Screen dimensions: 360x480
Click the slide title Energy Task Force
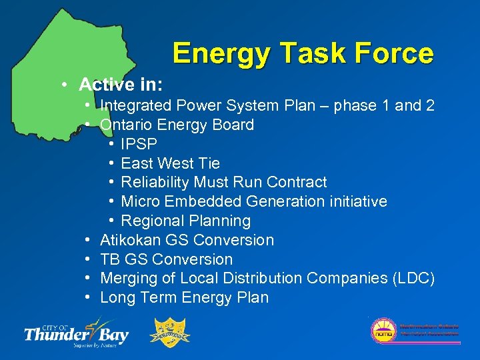pos(303,53)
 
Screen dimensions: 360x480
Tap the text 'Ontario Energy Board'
pos(177,125)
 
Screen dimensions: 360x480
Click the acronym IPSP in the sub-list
pos(139,144)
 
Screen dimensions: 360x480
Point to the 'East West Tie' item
pos(170,163)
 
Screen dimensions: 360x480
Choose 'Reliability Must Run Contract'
pos(224,182)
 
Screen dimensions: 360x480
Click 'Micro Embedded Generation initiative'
pos(254,201)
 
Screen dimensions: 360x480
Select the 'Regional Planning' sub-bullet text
pos(186,221)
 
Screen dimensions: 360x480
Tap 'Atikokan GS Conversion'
pos(187,240)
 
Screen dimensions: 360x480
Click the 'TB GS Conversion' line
pos(166,259)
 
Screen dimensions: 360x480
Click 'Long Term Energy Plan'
pos(184,297)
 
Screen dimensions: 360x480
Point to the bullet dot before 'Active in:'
pos(62,85)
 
